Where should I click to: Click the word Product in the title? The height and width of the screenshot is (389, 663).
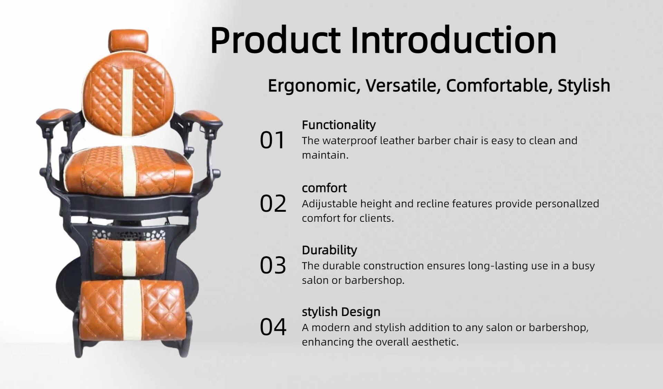tap(275, 41)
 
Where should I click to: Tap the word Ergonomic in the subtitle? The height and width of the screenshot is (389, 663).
tap(314, 86)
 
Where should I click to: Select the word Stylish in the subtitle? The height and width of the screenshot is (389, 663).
tap(584, 86)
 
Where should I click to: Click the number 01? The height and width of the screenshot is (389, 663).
tap(272, 140)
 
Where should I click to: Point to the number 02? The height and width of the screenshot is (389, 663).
tap(273, 203)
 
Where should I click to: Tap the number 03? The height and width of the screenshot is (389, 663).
tap(273, 265)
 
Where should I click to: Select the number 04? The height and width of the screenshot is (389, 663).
tap(273, 327)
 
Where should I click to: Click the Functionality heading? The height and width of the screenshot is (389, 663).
tap(339, 125)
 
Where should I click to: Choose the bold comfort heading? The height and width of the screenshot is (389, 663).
tap(324, 188)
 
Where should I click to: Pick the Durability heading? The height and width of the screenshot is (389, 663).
tap(329, 250)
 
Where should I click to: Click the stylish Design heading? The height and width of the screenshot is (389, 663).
tap(341, 312)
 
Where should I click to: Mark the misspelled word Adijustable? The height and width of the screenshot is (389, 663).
tap(329, 204)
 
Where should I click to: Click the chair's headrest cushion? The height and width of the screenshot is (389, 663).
tap(129, 41)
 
